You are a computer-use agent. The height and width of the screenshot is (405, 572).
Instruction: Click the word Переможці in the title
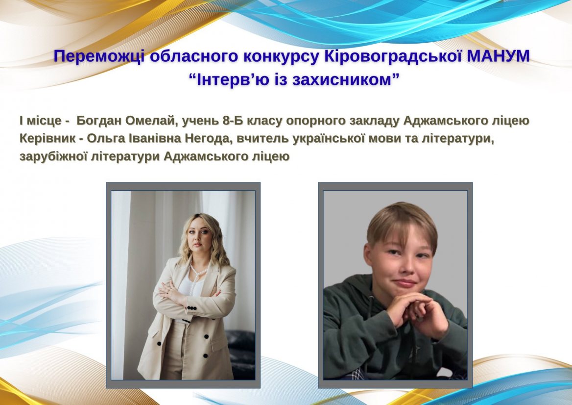point(99,56)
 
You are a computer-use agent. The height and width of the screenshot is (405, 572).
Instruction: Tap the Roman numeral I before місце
point(22,121)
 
